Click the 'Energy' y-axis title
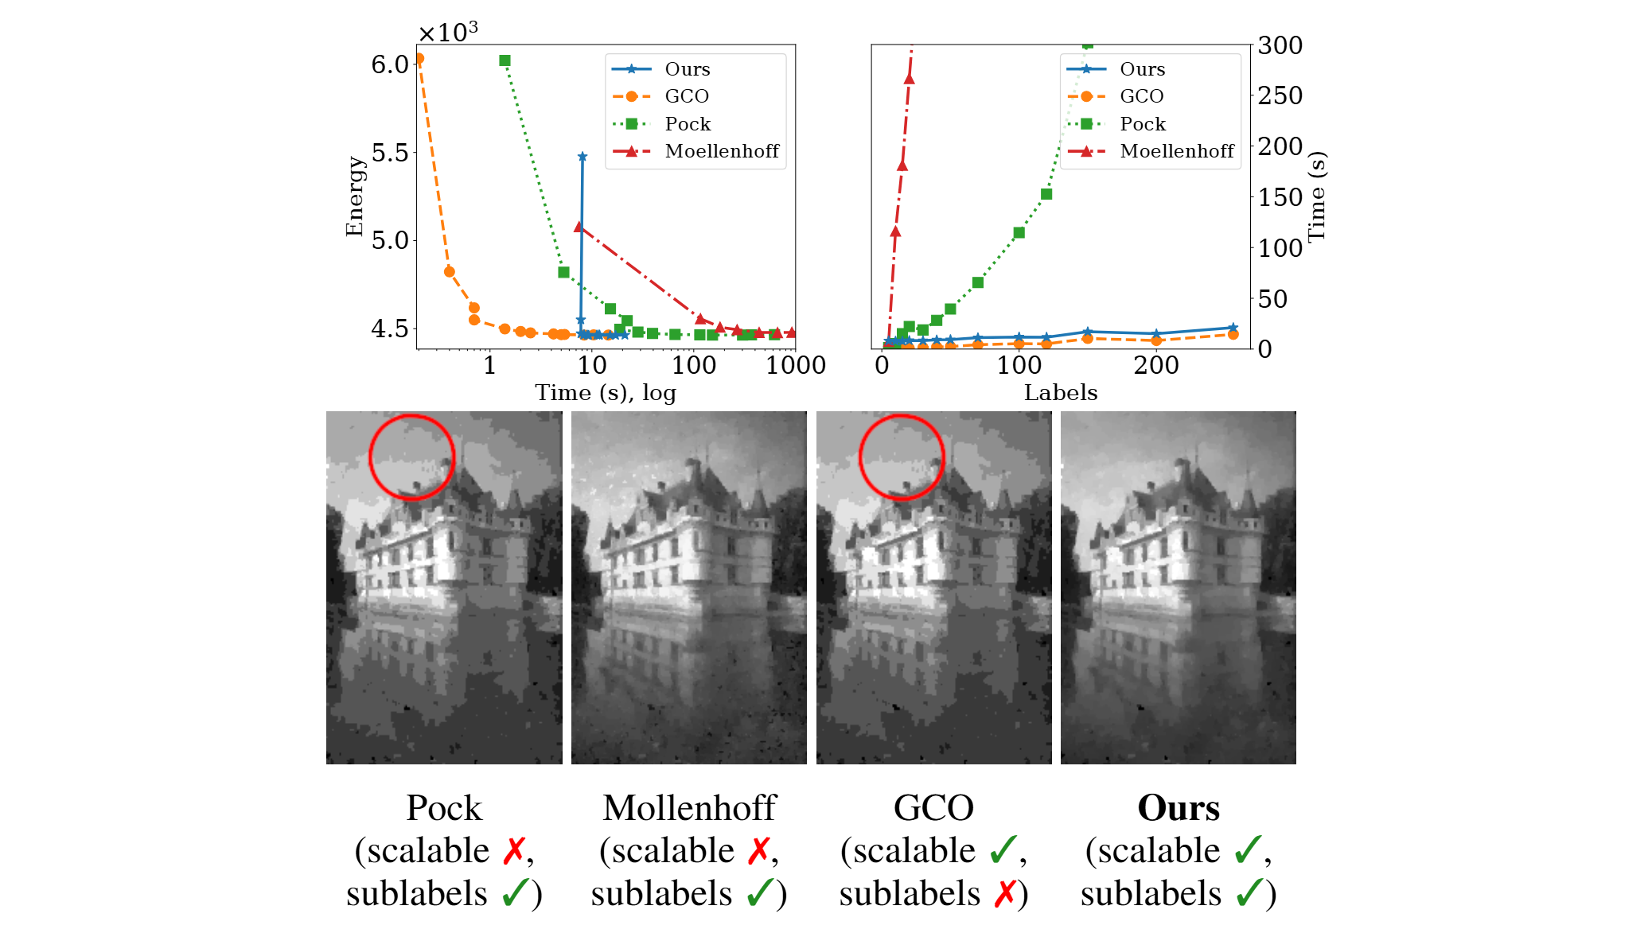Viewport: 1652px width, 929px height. pos(354,196)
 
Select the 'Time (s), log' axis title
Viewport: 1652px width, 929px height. pos(605,392)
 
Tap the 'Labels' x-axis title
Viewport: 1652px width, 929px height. pos(1060,392)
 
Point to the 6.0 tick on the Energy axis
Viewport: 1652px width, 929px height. pos(389,64)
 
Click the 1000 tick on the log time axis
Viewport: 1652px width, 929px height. pos(795,365)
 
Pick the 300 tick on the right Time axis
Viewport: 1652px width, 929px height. pos(1280,45)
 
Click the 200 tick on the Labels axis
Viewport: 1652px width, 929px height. pos(1155,365)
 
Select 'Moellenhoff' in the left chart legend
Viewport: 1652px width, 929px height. pos(722,151)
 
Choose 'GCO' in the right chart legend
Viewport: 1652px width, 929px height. pos(1141,96)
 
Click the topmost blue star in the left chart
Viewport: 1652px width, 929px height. pos(582,157)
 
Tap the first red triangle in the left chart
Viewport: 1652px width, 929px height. pos(579,227)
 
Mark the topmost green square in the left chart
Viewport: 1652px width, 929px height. pos(505,60)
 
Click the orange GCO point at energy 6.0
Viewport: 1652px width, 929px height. pos(419,59)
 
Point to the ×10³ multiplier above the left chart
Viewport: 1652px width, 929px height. pos(448,33)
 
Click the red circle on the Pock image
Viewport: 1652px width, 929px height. pos(412,457)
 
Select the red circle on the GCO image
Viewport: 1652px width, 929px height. pos(902,457)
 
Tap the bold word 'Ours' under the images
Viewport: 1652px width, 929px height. pos(1178,807)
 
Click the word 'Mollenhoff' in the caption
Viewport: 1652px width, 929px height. pos(688,807)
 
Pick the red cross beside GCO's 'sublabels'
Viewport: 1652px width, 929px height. pos(1006,893)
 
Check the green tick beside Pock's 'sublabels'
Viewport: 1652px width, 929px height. pos(516,893)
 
